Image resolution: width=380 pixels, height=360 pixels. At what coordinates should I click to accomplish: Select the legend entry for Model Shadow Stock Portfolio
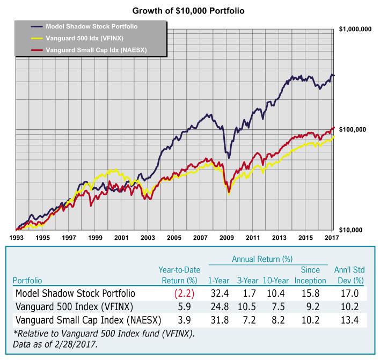click(92, 26)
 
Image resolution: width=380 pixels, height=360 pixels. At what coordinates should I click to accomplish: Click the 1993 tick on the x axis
click(16, 237)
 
